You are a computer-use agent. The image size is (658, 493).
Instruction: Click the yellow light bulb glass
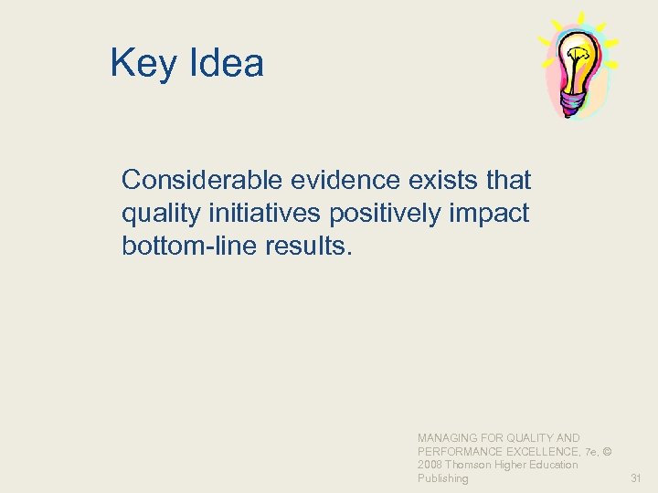coord(577,57)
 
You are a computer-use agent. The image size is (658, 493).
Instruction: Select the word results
coord(302,247)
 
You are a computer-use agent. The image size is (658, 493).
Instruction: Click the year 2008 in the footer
coord(430,465)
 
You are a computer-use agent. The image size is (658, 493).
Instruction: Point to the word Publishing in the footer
coord(442,478)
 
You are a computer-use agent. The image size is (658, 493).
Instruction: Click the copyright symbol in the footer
coord(607,452)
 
